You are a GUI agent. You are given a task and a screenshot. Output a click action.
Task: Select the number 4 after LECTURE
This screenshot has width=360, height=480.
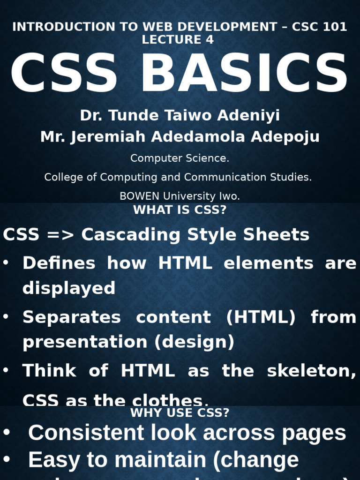click(209, 40)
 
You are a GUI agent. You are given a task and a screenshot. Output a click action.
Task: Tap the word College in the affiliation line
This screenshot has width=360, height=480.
click(63, 177)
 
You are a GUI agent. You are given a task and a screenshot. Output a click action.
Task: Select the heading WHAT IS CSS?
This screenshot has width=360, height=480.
click(180, 210)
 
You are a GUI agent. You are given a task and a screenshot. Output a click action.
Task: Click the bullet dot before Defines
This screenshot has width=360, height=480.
click(6, 262)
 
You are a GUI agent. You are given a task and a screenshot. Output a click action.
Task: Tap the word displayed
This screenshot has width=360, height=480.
click(68, 288)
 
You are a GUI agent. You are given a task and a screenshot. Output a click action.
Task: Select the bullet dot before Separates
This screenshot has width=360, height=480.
click(6, 316)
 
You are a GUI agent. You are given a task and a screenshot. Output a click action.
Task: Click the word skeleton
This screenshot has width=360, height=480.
click(311, 371)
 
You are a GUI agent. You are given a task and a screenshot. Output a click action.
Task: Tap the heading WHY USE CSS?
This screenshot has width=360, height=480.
click(180, 413)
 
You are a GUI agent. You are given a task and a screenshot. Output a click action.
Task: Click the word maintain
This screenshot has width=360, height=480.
click(160, 460)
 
